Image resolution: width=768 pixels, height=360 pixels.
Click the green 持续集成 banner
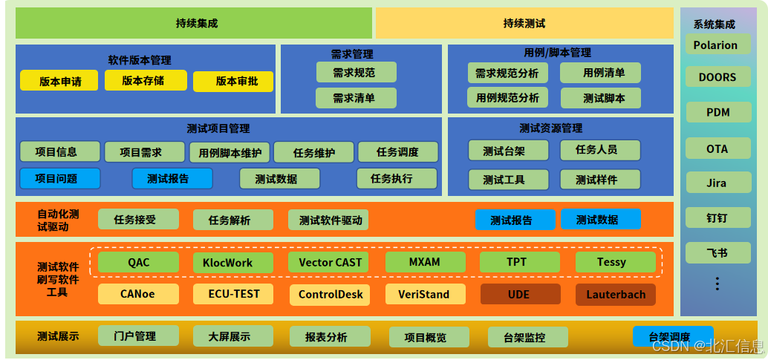194,23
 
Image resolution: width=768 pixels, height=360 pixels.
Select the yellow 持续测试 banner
524,23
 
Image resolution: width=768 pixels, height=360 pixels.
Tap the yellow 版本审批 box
233,82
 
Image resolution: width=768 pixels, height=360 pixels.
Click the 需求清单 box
356,98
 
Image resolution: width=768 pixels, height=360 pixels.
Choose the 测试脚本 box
600,98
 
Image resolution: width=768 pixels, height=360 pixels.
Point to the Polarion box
715,45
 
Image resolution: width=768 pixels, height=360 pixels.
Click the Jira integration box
716,183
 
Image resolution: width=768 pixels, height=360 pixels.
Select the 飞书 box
716,253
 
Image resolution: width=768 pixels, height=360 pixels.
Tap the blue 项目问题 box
59,179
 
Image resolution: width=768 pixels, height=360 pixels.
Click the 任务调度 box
398,152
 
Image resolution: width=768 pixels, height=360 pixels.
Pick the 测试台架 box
508,151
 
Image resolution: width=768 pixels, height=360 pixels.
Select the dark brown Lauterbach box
615,295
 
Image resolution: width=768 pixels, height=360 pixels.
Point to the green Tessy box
615,263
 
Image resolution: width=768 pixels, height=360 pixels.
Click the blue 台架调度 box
673,336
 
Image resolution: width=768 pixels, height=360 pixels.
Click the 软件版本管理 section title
140,60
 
